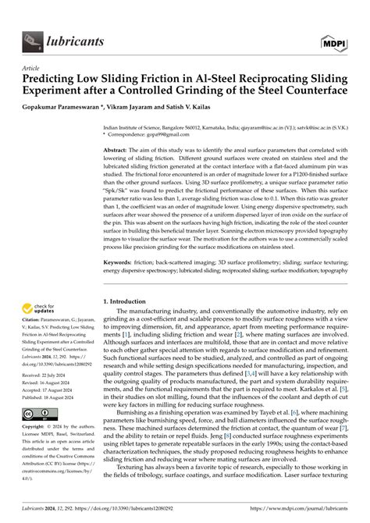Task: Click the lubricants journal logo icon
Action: pyautogui.click(x=32, y=37)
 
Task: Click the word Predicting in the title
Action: pyautogui.click(x=56, y=80)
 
